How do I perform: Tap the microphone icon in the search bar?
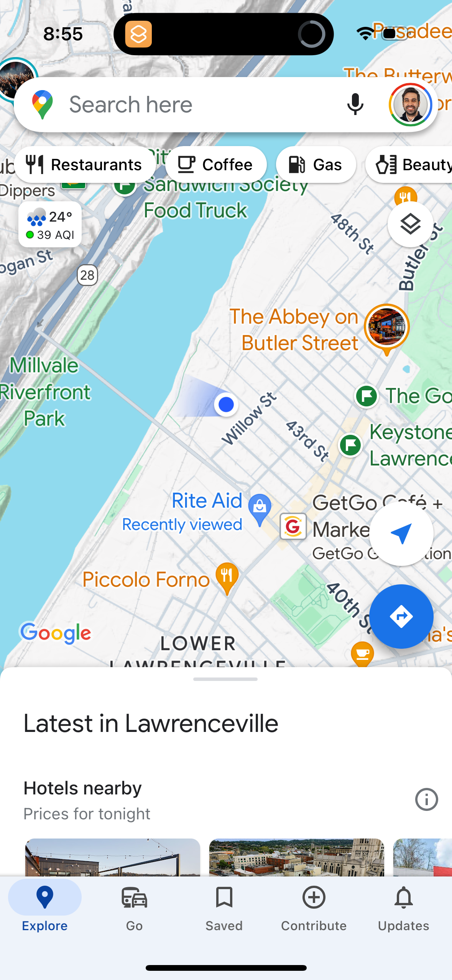point(355,104)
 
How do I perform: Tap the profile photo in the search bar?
point(410,104)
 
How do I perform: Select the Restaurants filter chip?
point(85,165)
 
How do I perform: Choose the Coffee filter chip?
point(216,165)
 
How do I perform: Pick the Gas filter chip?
point(316,165)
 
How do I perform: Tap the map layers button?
point(410,224)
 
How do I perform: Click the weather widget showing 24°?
point(50,225)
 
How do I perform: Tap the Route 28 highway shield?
point(87,275)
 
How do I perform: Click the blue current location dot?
point(226,404)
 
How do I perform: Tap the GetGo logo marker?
point(293,526)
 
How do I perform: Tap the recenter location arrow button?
point(401,533)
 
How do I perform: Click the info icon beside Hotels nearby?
point(426,800)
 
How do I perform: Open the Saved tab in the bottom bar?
point(224,909)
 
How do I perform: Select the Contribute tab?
point(314,909)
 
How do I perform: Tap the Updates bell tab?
point(403,909)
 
